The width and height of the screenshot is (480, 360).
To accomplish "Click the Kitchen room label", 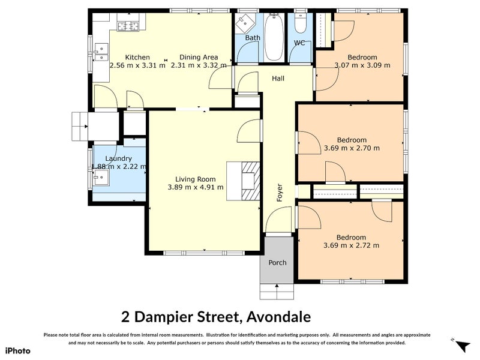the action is (x=137, y=57).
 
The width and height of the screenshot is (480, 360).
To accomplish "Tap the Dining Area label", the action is (x=199, y=57).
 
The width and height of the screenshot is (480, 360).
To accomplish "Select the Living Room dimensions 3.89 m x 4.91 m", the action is (x=196, y=187).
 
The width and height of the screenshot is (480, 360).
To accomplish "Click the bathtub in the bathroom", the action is (x=274, y=37).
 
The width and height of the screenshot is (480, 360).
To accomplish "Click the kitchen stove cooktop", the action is (x=128, y=26).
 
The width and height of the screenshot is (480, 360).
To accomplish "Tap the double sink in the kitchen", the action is (x=101, y=53).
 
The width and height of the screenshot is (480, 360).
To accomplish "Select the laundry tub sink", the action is (x=101, y=177).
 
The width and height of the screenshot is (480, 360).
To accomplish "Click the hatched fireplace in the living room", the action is (x=250, y=181).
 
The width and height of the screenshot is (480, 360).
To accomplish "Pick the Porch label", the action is (x=277, y=263).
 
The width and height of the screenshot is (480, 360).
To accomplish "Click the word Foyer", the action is (x=280, y=193).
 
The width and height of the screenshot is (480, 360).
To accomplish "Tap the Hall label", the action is (x=278, y=79).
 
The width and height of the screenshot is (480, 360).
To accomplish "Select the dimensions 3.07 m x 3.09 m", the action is (x=362, y=65).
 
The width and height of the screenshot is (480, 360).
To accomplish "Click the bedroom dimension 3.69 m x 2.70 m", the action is (x=352, y=148).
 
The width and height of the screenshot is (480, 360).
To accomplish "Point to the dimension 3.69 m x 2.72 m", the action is (x=351, y=245).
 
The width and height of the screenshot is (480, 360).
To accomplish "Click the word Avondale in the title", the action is (x=278, y=317).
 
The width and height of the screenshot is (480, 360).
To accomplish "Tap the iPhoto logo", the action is (x=18, y=351).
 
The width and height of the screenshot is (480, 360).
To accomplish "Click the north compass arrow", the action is (x=463, y=346).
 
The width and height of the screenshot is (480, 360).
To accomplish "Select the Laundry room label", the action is (x=118, y=158).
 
